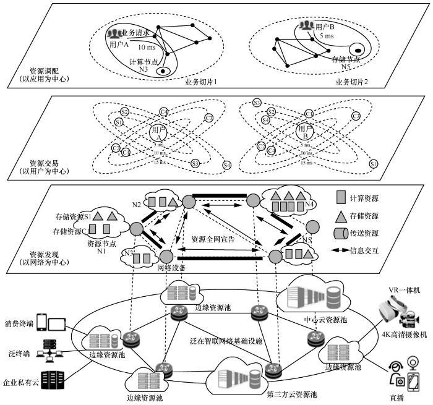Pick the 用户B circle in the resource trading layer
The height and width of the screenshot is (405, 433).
304,131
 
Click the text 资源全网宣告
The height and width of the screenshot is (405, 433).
213,239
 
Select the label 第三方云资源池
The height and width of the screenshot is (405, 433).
291,394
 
